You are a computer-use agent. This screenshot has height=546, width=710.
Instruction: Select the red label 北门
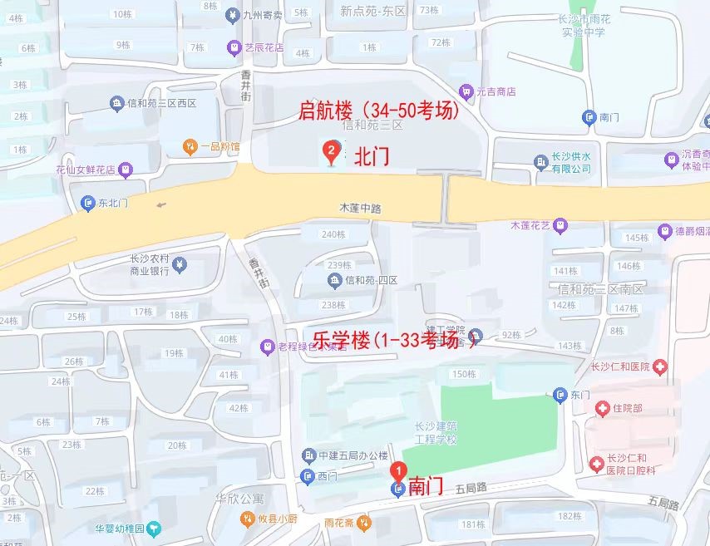click(x=372, y=157)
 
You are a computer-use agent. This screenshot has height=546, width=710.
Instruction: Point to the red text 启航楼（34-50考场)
click(x=379, y=111)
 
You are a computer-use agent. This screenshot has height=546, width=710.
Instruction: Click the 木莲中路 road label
click(x=360, y=209)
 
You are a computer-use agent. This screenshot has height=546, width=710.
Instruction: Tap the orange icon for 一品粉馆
click(x=190, y=147)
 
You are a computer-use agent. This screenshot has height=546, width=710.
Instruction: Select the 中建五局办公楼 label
click(x=353, y=455)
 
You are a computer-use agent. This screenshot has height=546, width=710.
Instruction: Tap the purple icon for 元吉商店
click(x=466, y=91)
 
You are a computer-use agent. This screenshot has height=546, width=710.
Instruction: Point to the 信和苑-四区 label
click(x=372, y=280)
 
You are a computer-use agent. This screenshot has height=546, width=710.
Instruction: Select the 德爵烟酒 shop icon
click(x=664, y=230)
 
